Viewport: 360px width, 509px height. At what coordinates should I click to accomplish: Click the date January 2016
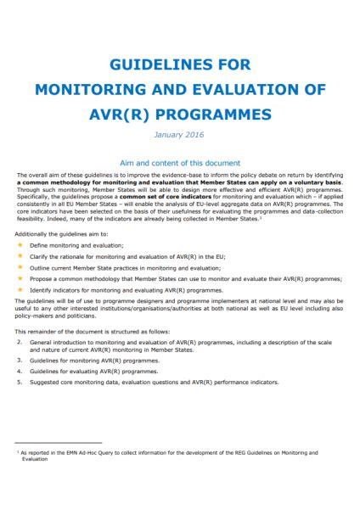click(x=179, y=133)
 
